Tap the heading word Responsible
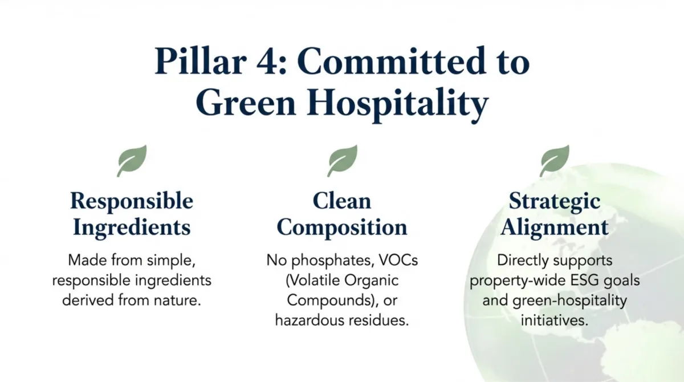click(x=132, y=201)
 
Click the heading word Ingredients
click(x=132, y=227)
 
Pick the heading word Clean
click(x=341, y=201)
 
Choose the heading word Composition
click(x=341, y=227)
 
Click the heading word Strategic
click(x=554, y=201)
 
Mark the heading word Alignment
click(x=554, y=227)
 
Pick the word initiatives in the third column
click(x=554, y=320)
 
